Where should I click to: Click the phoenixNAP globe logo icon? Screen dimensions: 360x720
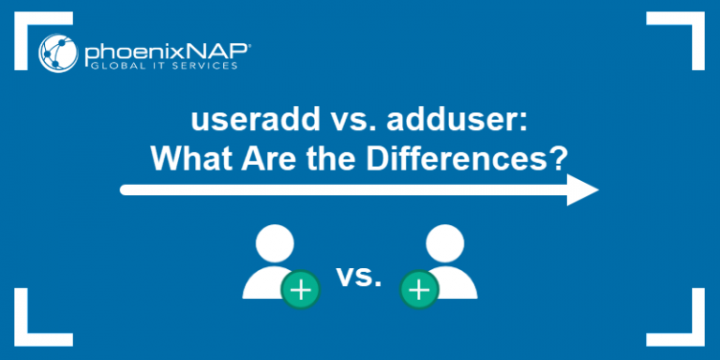tap(57, 52)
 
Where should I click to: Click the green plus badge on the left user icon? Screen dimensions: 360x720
tap(300, 291)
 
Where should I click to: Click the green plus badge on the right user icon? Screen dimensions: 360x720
tap(419, 291)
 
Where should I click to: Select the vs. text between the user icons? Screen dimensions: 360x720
tap(360, 277)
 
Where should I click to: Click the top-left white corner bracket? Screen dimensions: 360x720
tap(28, 28)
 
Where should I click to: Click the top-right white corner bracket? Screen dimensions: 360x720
tap(691, 28)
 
